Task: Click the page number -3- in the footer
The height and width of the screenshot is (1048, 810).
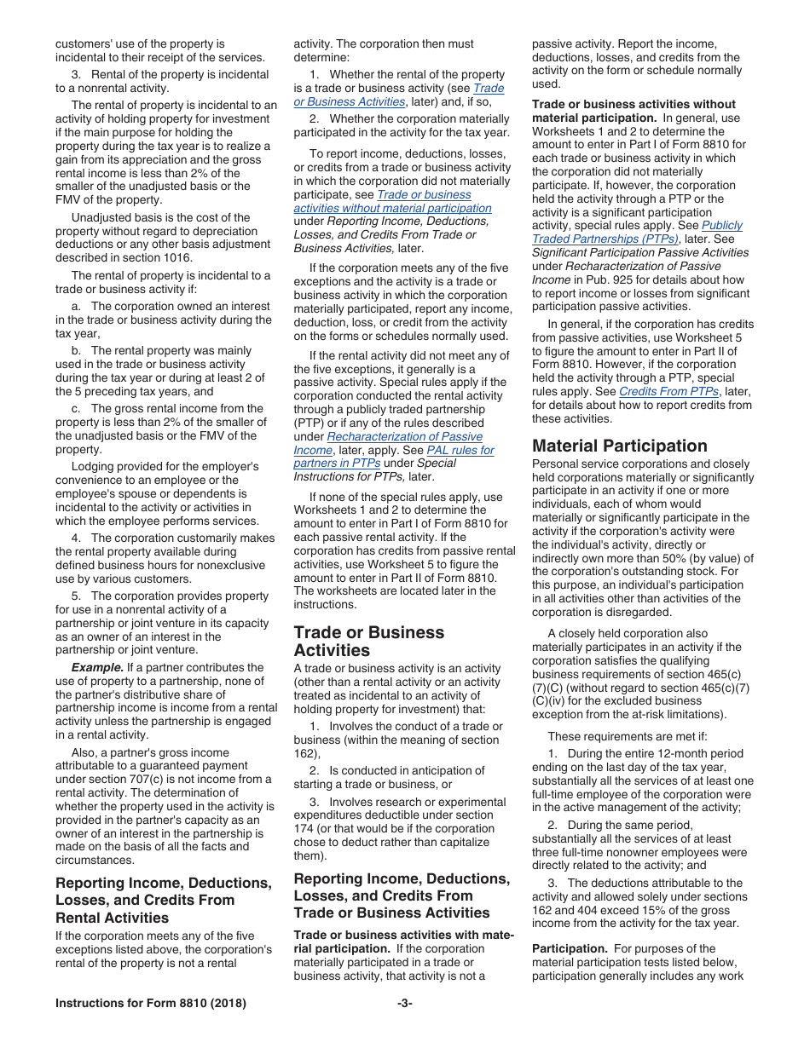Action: (x=405, y=1003)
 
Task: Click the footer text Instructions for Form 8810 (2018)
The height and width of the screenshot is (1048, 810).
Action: (x=151, y=1003)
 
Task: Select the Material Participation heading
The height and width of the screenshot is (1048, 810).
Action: (x=619, y=446)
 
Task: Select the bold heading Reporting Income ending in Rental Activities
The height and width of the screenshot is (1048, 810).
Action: (x=163, y=900)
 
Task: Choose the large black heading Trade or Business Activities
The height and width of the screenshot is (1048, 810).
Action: (x=368, y=641)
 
